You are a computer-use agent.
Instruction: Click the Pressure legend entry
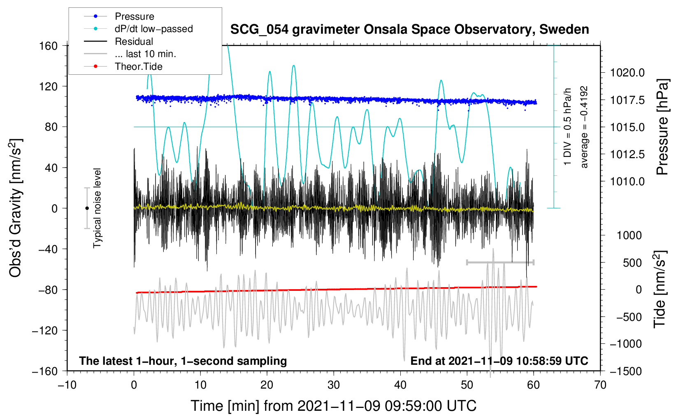pos(119,16)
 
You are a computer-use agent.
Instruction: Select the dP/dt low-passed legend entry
pos(138,29)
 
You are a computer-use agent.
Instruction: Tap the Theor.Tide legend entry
pos(123,67)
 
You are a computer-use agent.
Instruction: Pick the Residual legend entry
pos(118,41)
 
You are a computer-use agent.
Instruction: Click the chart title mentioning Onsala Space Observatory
pos(409,30)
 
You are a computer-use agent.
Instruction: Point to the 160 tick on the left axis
pos(49,46)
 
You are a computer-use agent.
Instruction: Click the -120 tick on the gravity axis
pos(45,330)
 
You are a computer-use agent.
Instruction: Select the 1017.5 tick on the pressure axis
pos(627,100)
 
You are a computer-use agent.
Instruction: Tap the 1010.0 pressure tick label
pos(627,182)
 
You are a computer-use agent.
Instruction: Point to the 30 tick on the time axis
pos(334,385)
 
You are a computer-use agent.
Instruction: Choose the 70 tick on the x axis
pos(600,385)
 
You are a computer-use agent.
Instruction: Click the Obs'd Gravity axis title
pos(15,208)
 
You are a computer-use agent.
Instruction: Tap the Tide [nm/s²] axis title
pos(660,289)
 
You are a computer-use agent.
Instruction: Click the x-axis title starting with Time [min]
pos(334,406)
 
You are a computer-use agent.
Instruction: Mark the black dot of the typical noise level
pos(87,208)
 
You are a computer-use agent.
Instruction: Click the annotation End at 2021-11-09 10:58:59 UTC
pos(499,361)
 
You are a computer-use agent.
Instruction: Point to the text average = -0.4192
pos(584,127)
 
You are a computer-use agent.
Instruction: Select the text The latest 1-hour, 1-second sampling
pos(183,361)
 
